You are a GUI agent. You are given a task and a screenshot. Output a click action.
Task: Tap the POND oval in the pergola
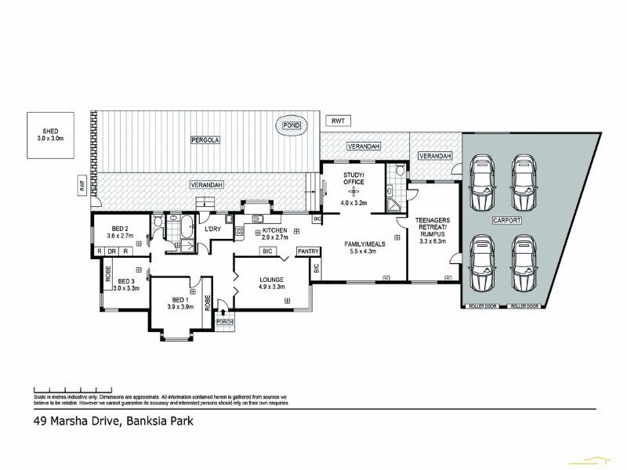292,125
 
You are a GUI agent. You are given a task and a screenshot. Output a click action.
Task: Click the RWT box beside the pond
338,121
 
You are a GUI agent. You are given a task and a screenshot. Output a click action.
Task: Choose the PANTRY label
306,251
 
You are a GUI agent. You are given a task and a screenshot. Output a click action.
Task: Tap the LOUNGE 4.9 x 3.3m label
271,283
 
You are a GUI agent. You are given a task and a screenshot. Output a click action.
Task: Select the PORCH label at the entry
226,322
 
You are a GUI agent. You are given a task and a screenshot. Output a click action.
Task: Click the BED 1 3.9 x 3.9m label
179,303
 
